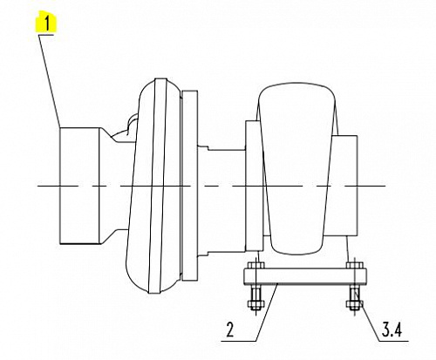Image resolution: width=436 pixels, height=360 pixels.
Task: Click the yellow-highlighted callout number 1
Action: [46, 22]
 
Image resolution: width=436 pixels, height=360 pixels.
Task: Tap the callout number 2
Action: [230, 329]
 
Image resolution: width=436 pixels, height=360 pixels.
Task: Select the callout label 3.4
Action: [392, 329]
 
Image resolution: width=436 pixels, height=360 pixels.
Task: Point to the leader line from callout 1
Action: [50, 81]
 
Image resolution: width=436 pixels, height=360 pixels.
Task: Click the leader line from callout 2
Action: [267, 312]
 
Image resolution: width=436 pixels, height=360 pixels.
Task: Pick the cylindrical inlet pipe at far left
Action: [79, 186]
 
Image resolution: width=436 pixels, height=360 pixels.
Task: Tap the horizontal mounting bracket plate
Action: [305, 275]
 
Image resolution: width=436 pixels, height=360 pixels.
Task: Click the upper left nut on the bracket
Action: [255, 265]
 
